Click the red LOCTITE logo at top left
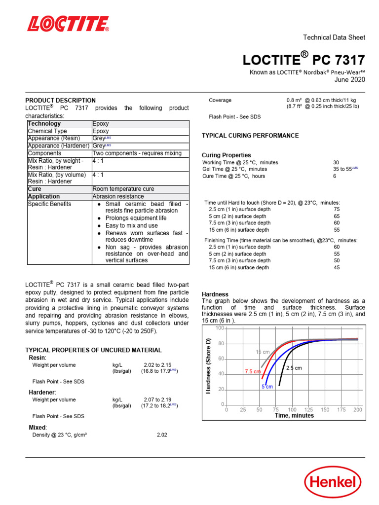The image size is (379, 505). pos(68,24)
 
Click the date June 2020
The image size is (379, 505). pos(350,79)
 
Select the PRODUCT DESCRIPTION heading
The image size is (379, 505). pos(60,100)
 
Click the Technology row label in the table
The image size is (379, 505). pos(44,124)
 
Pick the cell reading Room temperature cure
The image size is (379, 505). pos(123,189)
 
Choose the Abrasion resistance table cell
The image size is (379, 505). pos(118,196)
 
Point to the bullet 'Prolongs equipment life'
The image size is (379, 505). pos(136,218)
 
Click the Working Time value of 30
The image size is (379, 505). pos(336,162)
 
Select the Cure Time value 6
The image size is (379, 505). pos(335,176)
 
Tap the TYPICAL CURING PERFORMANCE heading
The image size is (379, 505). pos(250,136)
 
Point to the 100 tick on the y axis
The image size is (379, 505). pos(220,328)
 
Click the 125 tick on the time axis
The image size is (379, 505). pos(308,410)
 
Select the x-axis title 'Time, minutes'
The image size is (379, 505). pos(294,416)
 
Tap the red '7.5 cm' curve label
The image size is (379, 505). pos(253,371)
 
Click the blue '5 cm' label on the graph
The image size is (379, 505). pos(267,387)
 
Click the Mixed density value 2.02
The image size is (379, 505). pos(162,435)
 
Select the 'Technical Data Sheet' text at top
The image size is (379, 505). pos(334,37)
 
